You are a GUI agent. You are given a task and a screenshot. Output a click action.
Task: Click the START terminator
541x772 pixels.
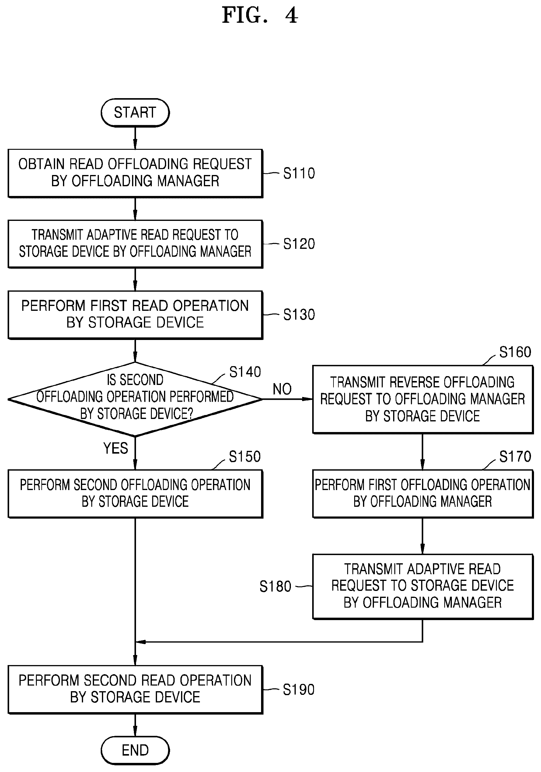[x=135, y=113]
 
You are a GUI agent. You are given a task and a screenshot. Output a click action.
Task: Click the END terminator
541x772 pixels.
[x=135, y=750]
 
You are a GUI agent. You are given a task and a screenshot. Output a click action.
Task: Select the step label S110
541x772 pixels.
[x=299, y=173]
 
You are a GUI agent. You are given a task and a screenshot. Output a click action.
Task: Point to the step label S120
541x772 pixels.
[x=299, y=244]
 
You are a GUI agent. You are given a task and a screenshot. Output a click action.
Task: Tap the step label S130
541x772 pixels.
[x=299, y=315]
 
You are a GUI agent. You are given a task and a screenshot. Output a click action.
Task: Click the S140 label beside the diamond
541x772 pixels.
[x=245, y=372]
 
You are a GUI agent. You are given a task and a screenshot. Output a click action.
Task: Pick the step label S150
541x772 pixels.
[x=245, y=457]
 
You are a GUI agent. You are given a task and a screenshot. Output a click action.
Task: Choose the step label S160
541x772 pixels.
[x=515, y=352]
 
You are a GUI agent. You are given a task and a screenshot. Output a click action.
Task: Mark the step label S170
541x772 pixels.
[x=515, y=457]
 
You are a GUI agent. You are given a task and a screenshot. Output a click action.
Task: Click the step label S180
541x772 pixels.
[x=275, y=587]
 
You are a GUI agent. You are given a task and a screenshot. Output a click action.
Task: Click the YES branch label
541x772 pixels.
[x=115, y=448]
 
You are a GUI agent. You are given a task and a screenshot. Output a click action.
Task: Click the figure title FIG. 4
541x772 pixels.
[x=260, y=15]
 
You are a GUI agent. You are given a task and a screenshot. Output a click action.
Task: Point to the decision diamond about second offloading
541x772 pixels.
[x=135, y=400]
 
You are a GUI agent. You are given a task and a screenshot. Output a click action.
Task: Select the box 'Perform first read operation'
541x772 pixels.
[x=135, y=315]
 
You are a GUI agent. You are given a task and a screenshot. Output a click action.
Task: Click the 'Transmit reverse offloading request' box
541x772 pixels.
[x=423, y=400]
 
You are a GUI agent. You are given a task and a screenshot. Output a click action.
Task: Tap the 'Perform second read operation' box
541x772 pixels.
[x=135, y=690]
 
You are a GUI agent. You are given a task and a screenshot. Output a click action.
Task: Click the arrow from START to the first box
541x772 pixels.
[x=135, y=138]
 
